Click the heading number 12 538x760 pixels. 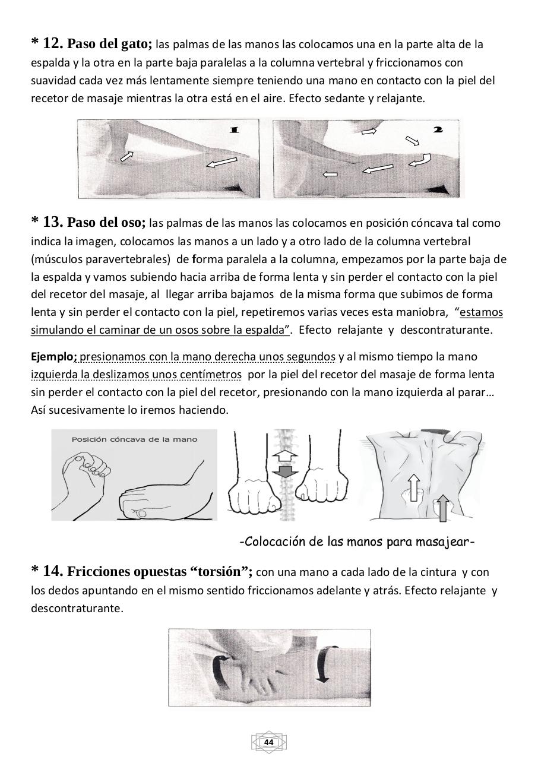tap(52, 43)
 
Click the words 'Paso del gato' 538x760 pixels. tap(109, 44)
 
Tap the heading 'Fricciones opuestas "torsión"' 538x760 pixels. tap(160, 572)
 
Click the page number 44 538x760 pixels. tap(268, 742)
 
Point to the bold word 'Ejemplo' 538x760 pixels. tap(52, 357)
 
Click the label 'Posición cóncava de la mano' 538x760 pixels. tap(134, 439)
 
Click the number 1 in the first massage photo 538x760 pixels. tap(234, 129)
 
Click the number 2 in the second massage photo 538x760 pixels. tap(438, 129)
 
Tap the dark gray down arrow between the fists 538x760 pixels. tap(286, 473)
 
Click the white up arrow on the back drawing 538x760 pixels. tap(414, 486)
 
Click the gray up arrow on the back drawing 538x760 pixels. tap(442, 508)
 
